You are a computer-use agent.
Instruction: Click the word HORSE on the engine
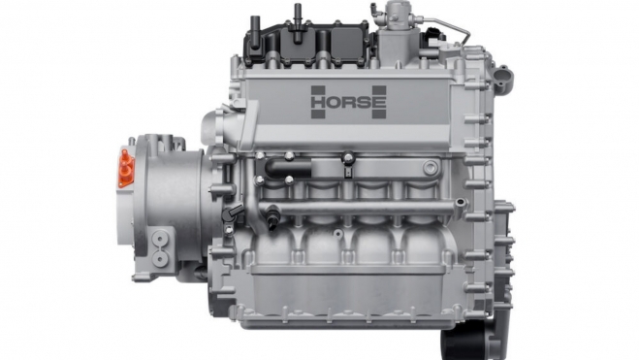pos(348,102)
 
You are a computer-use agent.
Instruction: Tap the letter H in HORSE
pos(318,102)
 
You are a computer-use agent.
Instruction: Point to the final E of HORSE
pos(379,102)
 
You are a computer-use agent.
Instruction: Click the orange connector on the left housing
pos(126,168)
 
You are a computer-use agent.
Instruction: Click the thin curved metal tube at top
pos(448,25)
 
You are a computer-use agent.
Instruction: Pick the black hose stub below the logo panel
pos(288,168)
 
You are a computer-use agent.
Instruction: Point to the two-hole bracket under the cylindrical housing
pos(160,247)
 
